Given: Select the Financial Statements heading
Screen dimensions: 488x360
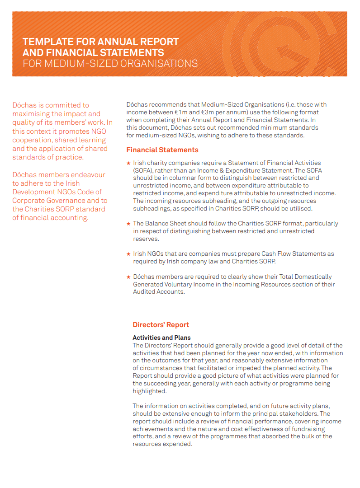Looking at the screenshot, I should tap(162, 150).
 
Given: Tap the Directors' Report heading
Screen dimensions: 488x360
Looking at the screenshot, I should tap(161, 325).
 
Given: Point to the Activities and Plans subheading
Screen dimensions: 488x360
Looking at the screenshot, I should tap(161, 338).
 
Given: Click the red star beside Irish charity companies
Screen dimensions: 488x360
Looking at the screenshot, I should tap(128, 163).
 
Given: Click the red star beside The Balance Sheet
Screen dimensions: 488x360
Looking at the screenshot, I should tap(128, 224).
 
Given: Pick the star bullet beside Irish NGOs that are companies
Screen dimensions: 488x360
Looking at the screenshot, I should tap(128, 254).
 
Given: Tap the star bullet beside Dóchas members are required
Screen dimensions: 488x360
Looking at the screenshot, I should tap(128, 277).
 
